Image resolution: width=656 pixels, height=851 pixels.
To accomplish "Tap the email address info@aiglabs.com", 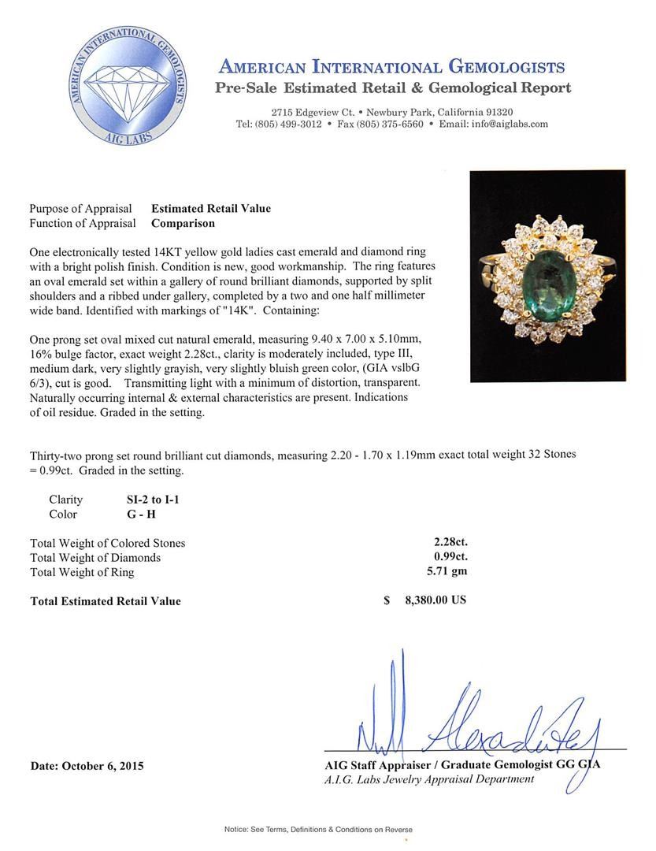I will tap(505, 124).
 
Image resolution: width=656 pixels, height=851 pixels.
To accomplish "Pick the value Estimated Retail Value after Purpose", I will tap(210, 209).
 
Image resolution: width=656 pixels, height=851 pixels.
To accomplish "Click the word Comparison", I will tap(183, 223).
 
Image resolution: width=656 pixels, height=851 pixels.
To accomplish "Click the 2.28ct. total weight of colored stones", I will tap(445, 542).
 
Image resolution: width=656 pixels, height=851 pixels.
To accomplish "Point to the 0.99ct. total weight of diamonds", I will tap(445, 557).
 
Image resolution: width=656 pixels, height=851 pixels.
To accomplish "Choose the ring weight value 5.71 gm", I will tap(445, 571).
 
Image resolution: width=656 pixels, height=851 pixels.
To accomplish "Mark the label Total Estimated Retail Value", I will tap(105, 601).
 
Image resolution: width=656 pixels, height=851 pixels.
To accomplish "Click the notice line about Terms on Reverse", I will tap(318, 830).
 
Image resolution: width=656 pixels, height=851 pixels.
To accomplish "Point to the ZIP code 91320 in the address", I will tap(499, 112).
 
